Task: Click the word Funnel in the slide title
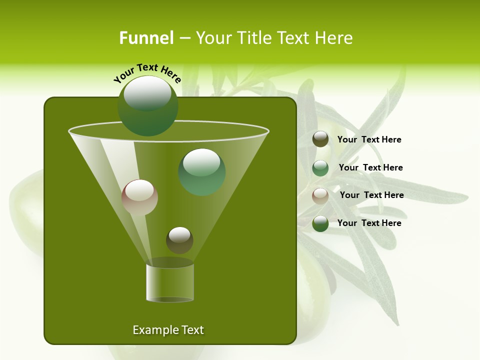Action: (146, 38)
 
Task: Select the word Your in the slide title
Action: (213, 38)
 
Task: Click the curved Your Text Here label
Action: (147, 73)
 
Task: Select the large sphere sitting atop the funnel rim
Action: (148, 105)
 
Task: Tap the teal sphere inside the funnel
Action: (201, 172)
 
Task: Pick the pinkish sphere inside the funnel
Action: (139, 197)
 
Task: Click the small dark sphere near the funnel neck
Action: (179, 240)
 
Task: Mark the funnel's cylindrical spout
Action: (170, 283)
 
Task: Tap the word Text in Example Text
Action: (191, 330)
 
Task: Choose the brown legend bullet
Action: (320, 139)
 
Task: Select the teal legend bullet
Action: (320, 168)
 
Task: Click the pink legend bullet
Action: (320, 196)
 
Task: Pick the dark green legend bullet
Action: (320, 223)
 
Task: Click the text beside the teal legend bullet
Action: (370, 167)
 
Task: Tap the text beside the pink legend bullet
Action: (371, 195)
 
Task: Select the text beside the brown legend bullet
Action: (369, 139)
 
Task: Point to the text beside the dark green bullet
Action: (369, 223)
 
